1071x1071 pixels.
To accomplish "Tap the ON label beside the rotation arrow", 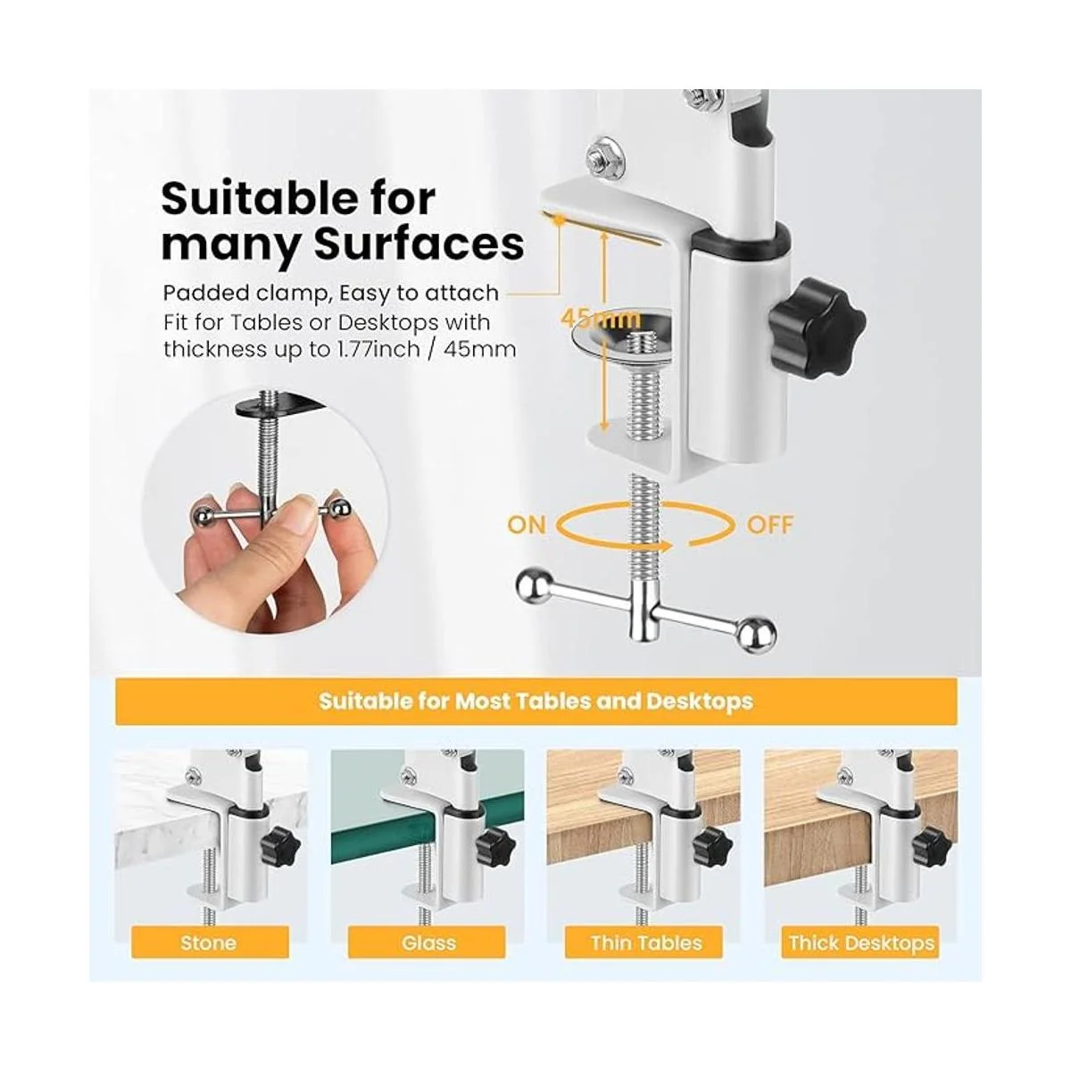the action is click(x=527, y=525).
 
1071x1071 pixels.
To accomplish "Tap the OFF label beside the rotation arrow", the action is click(x=769, y=525).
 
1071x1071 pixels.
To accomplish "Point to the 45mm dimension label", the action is click(x=601, y=319).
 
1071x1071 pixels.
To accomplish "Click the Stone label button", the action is click(x=210, y=943).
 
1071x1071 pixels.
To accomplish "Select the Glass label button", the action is click(x=427, y=943).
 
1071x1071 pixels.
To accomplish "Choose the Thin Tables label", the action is click(x=643, y=943).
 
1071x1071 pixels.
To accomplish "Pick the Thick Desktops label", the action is click(x=861, y=943).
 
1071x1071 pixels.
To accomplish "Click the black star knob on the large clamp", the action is click(x=817, y=320).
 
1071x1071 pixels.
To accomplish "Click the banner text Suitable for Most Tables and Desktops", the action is click(x=535, y=701).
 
